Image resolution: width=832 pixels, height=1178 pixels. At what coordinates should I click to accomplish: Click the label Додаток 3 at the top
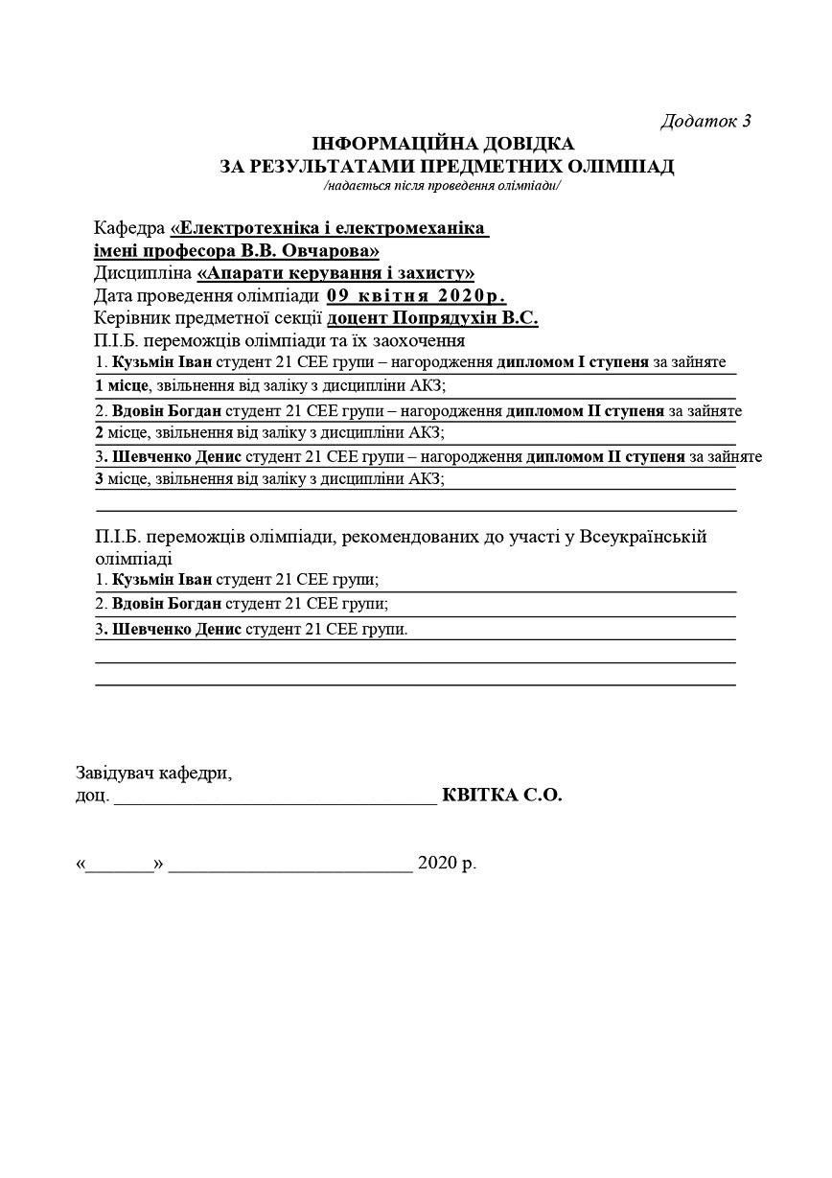[705, 121]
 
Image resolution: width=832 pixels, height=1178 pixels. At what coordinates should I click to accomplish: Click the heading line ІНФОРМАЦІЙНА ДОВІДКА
[444, 144]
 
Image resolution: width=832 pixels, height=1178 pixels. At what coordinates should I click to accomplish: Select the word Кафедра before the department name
[129, 229]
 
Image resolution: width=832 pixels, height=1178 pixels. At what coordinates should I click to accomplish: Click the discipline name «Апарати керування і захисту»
[335, 273]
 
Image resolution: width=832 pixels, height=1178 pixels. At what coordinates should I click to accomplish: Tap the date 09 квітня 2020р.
[416, 295]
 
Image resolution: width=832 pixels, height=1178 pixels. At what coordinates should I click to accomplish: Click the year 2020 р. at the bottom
[447, 864]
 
